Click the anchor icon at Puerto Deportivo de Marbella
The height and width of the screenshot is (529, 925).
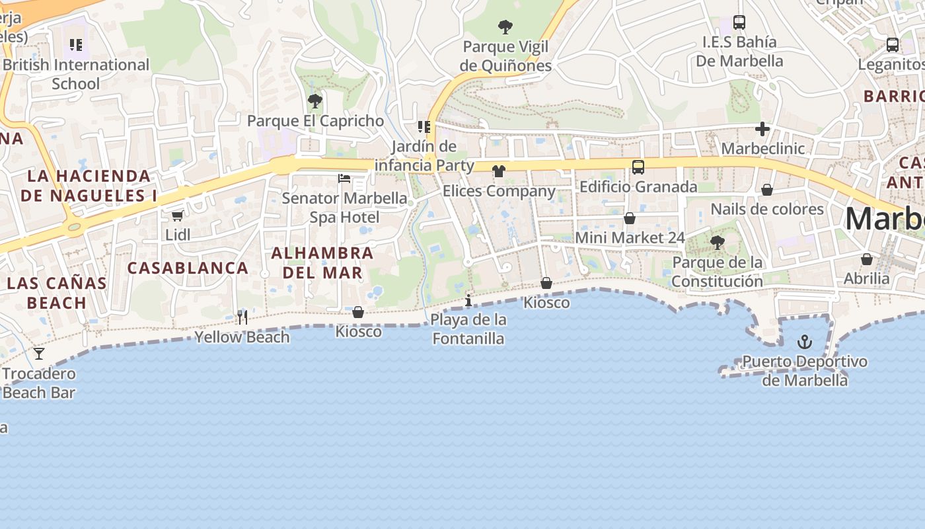pos(804,342)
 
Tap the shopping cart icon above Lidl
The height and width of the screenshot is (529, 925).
pos(177,215)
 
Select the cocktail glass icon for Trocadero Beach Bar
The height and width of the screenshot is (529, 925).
pos(39,354)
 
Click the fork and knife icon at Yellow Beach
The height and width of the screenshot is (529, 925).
pos(242,317)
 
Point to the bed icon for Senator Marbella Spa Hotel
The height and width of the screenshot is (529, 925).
pos(344,178)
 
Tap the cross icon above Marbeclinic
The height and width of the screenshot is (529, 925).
pos(762,128)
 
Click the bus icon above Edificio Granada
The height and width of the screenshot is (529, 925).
pos(638,167)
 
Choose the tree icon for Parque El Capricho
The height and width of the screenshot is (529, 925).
pos(315,101)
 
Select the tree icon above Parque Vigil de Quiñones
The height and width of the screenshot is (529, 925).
pos(505,27)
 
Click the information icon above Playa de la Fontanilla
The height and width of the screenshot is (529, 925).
pos(468,301)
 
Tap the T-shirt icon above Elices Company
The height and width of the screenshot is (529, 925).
pos(499,171)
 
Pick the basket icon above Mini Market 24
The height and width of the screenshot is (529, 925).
pos(630,218)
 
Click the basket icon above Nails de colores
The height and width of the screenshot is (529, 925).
pos(767,190)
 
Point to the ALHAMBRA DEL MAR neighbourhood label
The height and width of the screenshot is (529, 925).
pos(322,263)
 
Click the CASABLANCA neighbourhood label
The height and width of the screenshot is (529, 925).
pos(188,268)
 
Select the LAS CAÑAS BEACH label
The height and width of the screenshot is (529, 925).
pos(57,293)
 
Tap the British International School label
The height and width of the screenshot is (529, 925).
pos(75,74)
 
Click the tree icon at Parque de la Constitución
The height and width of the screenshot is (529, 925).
pos(717,243)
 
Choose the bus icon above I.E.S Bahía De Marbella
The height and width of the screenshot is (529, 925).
pos(739,22)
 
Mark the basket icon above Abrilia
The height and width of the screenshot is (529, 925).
pos(867,259)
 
